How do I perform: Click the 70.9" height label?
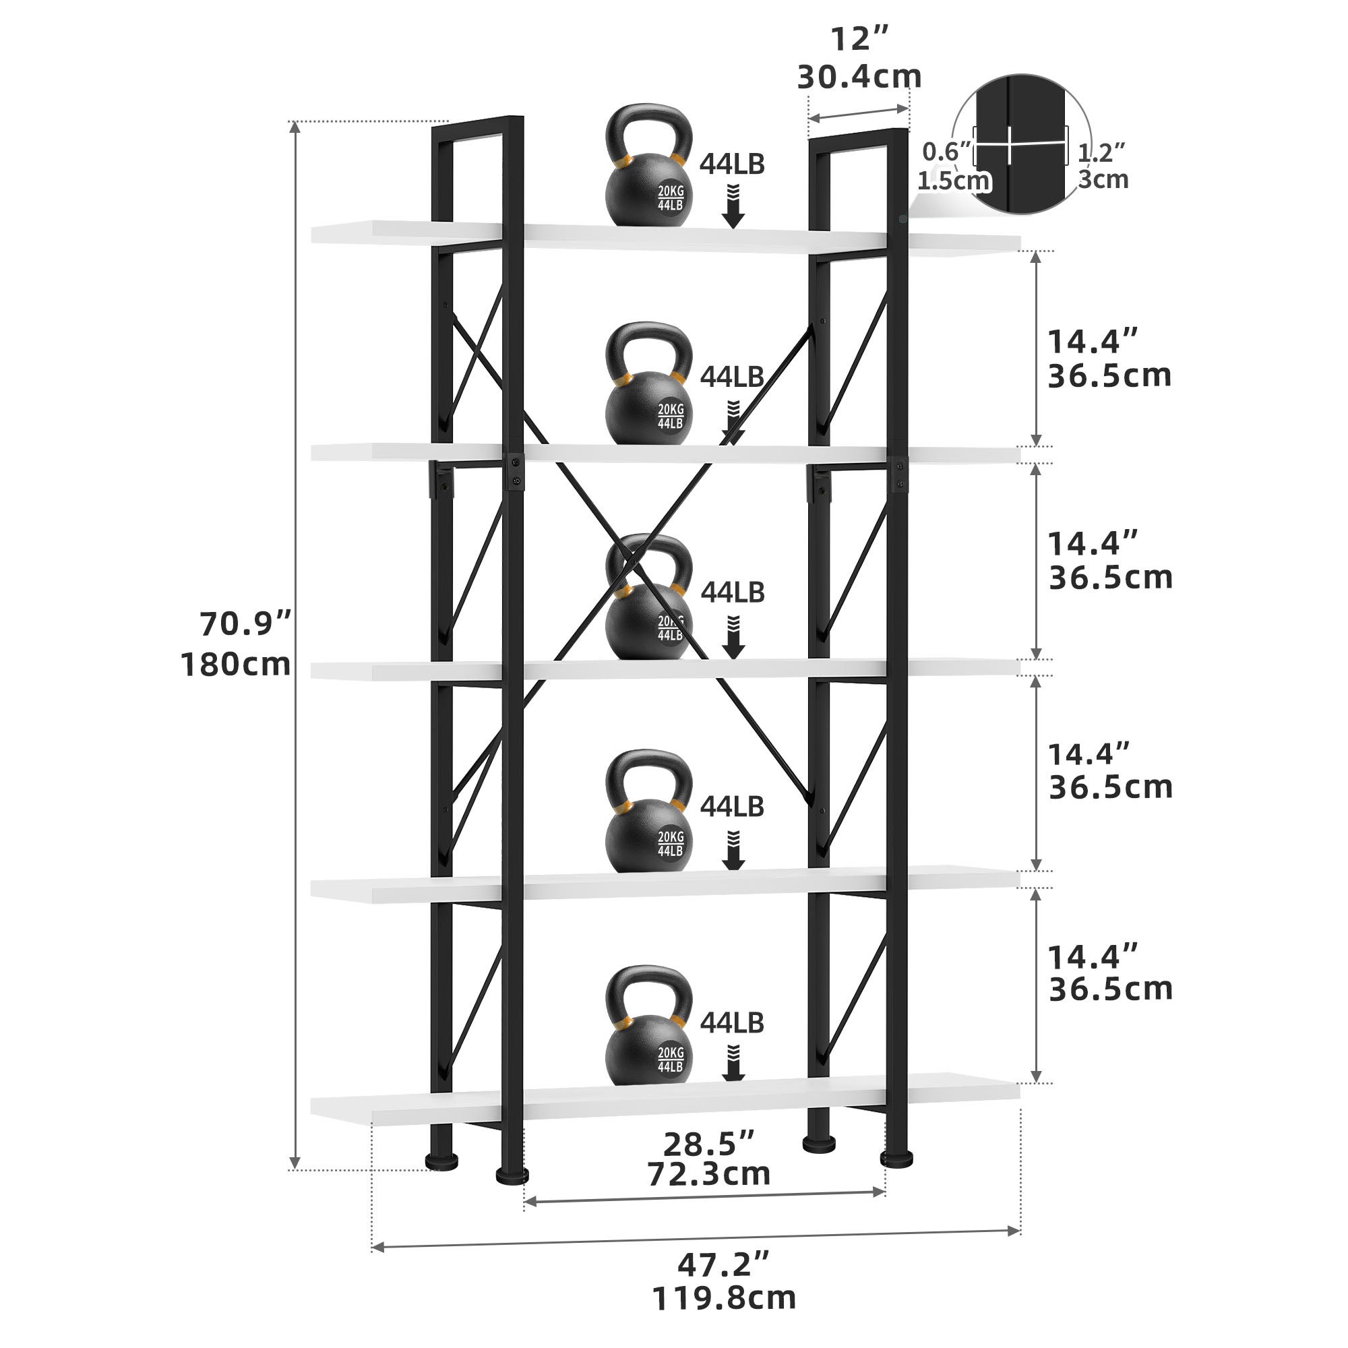(x=245, y=623)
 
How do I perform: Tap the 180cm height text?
(x=236, y=665)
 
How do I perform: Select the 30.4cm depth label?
(x=859, y=76)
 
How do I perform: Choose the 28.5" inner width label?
(x=708, y=1144)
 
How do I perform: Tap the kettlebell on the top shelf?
(x=648, y=167)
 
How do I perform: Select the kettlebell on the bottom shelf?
(x=648, y=1025)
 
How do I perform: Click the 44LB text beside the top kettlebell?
(x=732, y=164)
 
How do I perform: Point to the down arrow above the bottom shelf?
(x=733, y=1063)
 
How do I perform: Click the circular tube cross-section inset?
(x=1022, y=143)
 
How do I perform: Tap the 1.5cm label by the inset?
(x=953, y=181)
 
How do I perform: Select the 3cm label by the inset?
(x=1103, y=179)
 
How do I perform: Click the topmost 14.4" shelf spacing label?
(x=1093, y=342)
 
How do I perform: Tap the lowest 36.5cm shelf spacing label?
(x=1110, y=989)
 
